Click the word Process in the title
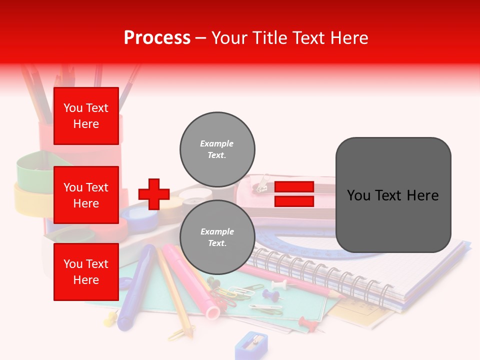(157, 37)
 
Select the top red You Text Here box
(86, 116)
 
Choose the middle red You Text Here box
(86, 195)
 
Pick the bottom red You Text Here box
(86, 272)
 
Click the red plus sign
(154, 194)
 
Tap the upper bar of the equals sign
(294, 186)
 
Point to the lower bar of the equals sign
(294, 201)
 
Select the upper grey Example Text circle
(217, 149)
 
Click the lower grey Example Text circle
(217, 237)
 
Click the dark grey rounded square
(393, 195)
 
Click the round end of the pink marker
(212, 313)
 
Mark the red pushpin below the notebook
(307, 324)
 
